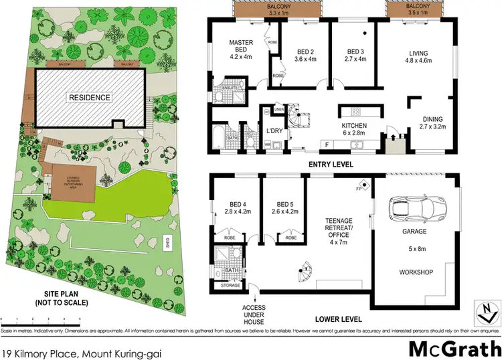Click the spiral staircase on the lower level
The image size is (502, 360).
click(x=305, y=272)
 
